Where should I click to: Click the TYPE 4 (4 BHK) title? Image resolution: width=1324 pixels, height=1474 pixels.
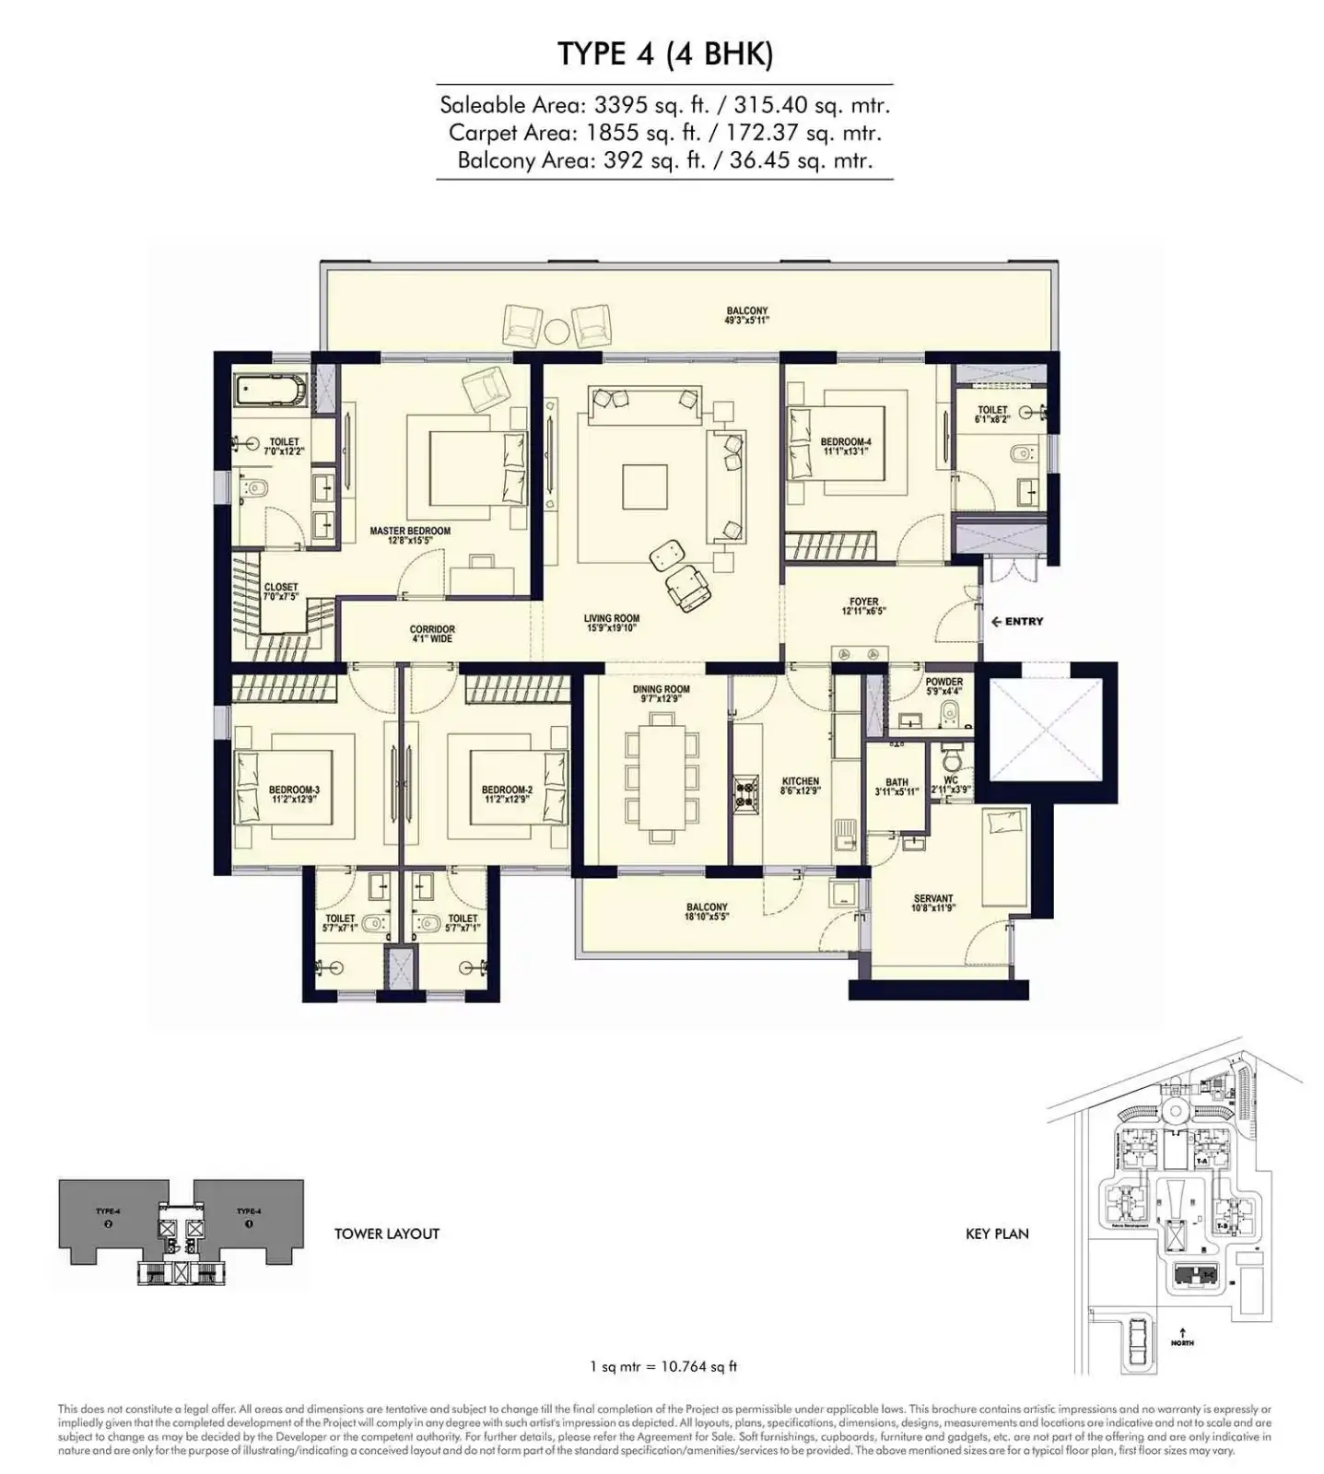664,54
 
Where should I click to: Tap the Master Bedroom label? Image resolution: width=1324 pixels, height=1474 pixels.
410,532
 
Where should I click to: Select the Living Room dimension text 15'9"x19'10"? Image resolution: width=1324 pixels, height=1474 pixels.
612,628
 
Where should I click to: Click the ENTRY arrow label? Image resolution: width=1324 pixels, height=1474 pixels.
1017,622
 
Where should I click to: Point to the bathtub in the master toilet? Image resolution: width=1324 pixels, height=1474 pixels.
271,391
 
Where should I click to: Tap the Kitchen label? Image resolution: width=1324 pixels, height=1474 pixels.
800,781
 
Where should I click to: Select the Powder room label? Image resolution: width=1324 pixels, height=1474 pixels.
943,683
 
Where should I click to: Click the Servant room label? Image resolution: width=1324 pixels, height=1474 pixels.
933,898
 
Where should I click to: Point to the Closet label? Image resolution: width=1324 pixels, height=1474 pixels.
281,588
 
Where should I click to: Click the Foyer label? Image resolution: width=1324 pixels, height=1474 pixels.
863,602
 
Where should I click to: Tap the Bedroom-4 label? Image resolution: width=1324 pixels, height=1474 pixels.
845,442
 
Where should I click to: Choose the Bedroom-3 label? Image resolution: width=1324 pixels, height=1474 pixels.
294,790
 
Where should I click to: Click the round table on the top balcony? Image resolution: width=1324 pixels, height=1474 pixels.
557,331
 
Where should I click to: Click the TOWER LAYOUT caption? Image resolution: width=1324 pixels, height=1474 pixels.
386,1234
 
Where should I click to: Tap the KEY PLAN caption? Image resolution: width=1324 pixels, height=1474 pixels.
996,1234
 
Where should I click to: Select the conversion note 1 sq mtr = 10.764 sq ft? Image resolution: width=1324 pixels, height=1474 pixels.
663,1366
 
